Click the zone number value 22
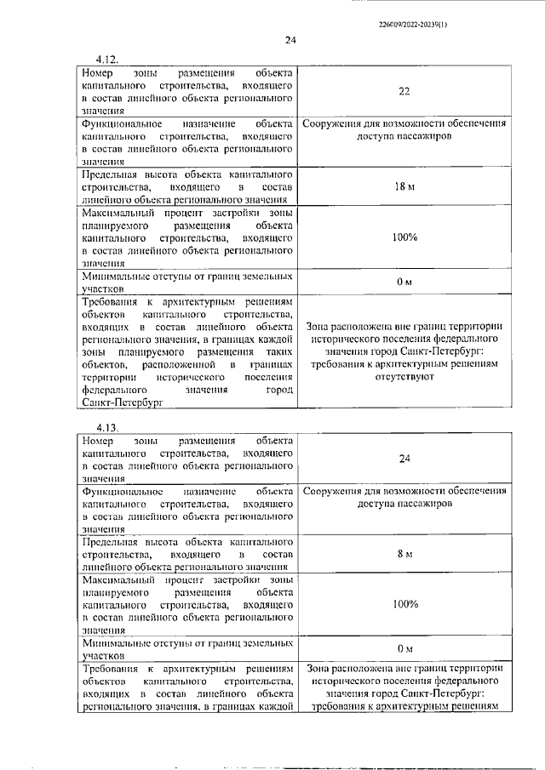point(404,92)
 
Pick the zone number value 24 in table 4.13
point(404,459)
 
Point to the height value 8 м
point(404,554)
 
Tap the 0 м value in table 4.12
point(404,282)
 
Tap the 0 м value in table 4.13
point(404,649)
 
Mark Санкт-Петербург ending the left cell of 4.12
point(120,403)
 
